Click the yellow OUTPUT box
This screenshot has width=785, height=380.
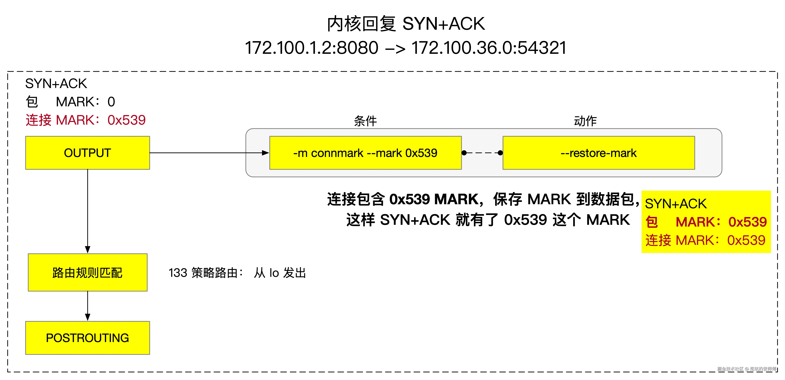point(88,153)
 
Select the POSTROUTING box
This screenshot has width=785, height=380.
point(88,338)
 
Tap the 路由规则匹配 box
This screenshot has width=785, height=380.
point(88,272)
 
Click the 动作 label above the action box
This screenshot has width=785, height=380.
point(585,121)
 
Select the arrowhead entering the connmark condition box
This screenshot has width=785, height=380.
point(265,153)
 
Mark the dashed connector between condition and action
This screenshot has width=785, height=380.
point(482,153)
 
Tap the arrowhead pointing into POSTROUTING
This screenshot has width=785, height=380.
point(88,317)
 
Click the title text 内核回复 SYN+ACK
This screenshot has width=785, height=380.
point(405,24)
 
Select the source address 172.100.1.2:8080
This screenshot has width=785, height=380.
point(311,48)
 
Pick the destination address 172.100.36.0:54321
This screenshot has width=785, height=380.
point(489,48)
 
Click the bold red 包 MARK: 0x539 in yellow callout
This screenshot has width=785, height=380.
point(706,222)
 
